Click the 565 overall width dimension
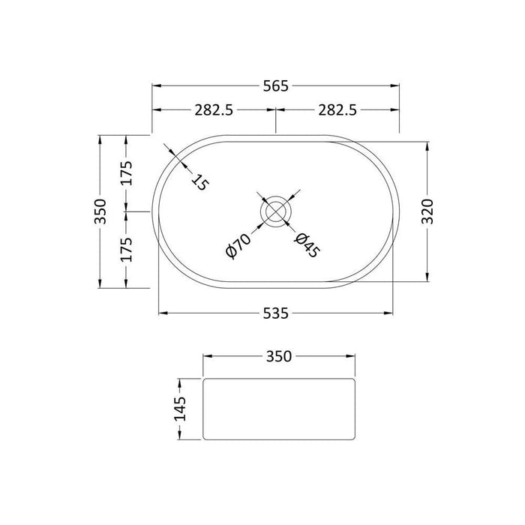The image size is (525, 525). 276,85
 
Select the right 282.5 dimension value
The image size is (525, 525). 337,109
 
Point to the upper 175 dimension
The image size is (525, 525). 127,173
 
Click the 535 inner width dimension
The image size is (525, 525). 276,313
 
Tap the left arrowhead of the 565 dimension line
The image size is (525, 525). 157,85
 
